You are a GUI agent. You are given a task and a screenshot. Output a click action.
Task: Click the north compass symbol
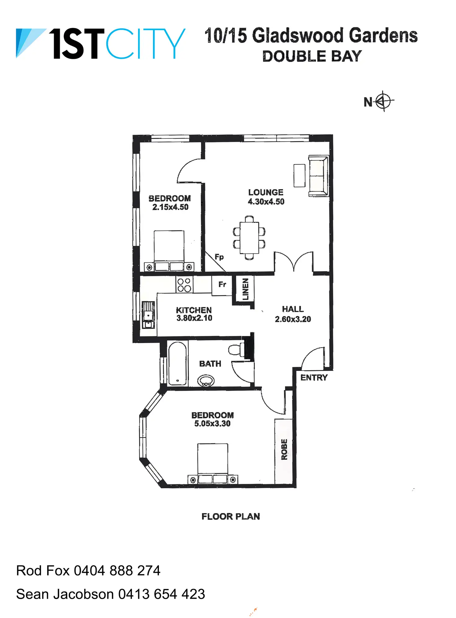384,101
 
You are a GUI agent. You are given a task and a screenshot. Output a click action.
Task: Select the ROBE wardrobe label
284,449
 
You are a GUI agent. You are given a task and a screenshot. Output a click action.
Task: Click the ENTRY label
314,377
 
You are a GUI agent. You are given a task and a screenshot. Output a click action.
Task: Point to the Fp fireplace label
219,257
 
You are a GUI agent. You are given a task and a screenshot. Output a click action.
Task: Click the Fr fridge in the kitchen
222,285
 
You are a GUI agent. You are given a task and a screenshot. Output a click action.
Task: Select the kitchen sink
148,315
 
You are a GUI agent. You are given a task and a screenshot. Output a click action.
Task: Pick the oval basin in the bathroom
206,381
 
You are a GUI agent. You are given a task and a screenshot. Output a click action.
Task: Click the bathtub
178,363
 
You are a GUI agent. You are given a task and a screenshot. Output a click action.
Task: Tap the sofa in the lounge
318,176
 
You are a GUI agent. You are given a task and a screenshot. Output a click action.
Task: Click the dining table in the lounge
249,237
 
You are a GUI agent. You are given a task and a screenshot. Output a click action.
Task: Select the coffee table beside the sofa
299,176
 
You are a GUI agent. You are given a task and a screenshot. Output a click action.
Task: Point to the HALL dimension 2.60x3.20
293,319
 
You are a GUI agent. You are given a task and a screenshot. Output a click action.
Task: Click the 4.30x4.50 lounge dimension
266,202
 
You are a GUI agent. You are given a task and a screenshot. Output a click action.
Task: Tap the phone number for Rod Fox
117,571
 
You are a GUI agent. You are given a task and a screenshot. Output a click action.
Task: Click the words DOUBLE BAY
312,56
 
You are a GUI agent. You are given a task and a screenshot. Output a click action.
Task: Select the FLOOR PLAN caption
230,516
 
